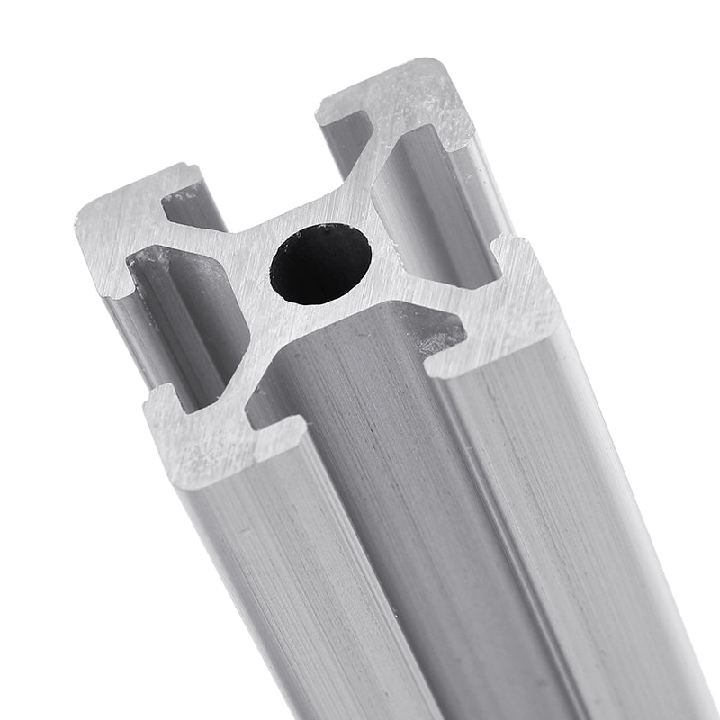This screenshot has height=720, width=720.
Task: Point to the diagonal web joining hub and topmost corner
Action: (x=369, y=193)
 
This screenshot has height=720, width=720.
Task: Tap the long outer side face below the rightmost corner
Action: (x=558, y=504)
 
